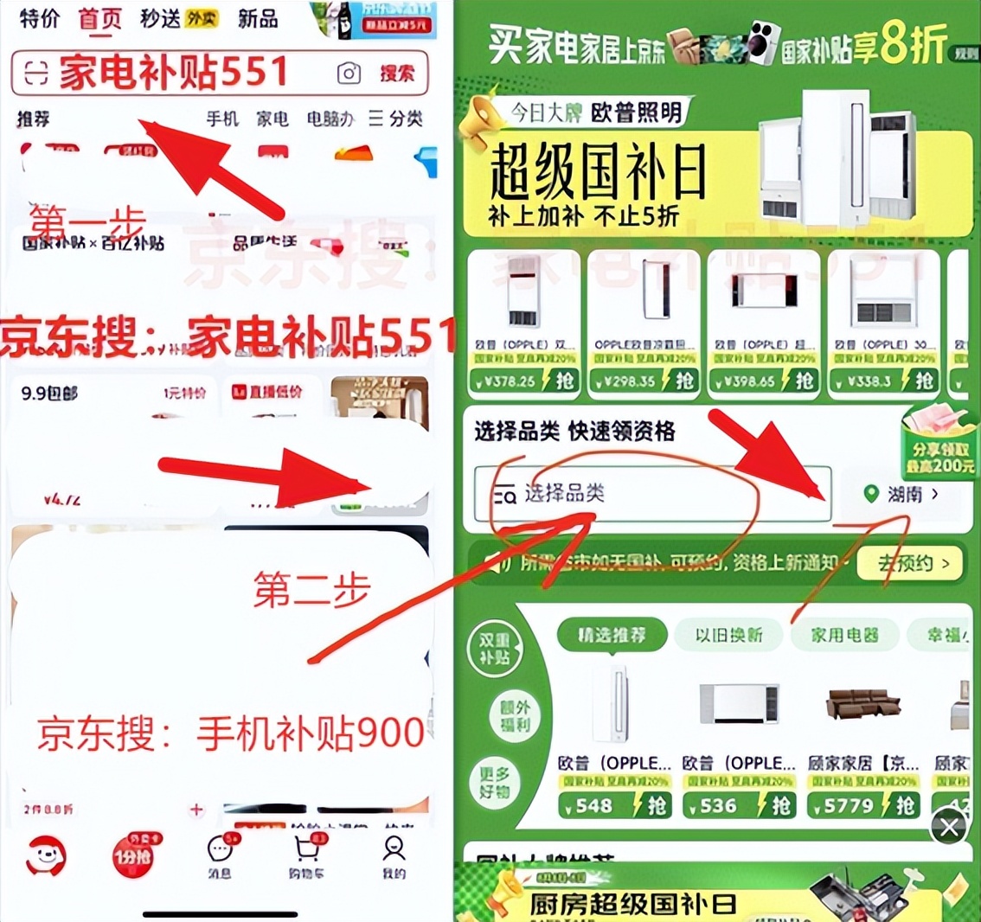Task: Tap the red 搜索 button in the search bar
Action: pyautogui.click(x=396, y=74)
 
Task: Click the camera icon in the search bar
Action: pyautogui.click(x=349, y=74)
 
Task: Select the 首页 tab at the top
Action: pyautogui.click(x=100, y=18)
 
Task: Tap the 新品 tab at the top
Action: pyautogui.click(x=258, y=18)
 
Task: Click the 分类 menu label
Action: pyautogui.click(x=396, y=118)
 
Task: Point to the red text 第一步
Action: pyautogui.click(x=87, y=222)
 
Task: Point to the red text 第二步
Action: pyautogui.click(x=311, y=590)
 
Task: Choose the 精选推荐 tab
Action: pyautogui.click(x=612, y=635)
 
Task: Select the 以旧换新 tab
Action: pyautogui.click(x=728, y=635)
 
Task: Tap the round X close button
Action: pyautogui.click(x=949, y=828)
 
